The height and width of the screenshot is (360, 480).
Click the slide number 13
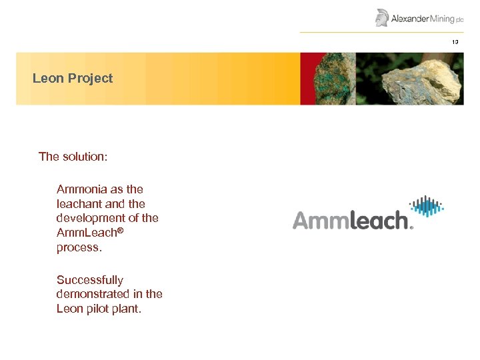pyautogui.click(x=455, y=42)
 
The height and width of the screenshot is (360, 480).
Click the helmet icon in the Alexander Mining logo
pyautogui.click(x=382, y=17)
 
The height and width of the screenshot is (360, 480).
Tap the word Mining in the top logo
pyautogui.click(x=441, y=19)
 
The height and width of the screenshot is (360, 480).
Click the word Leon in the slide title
pyautogui.click(x=47, y=79)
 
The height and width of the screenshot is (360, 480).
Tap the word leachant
pyautogui.click(x=79, y=204)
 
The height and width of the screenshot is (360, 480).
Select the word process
pyautogui.click(x=77, y=247)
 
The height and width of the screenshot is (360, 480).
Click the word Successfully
pyautogui.click(x=89, y=280)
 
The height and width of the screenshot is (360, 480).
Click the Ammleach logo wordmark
pyautogui.click(x=351, y=221)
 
